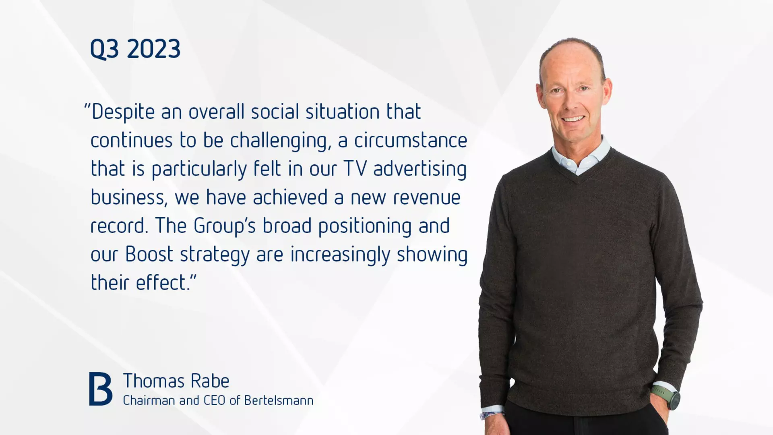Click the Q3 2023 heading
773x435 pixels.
135,49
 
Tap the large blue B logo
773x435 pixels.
100,389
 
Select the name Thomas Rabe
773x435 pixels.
176,381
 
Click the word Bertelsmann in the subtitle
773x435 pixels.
279,401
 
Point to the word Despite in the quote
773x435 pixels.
123,112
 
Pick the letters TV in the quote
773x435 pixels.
355,169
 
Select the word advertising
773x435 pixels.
420,169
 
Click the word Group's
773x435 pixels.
224,226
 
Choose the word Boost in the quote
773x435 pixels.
149,255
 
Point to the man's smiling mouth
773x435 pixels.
573,119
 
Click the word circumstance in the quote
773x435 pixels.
411,141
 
